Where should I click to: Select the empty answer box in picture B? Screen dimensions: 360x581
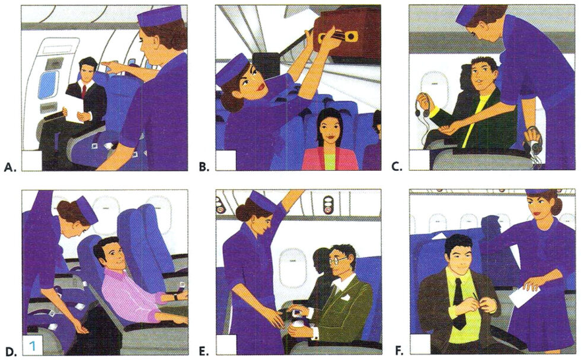(x=226, y=161)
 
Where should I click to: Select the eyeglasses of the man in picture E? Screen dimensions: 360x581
(x=339, y=259)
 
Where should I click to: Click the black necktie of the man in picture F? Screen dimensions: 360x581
(x=459, y=302)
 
